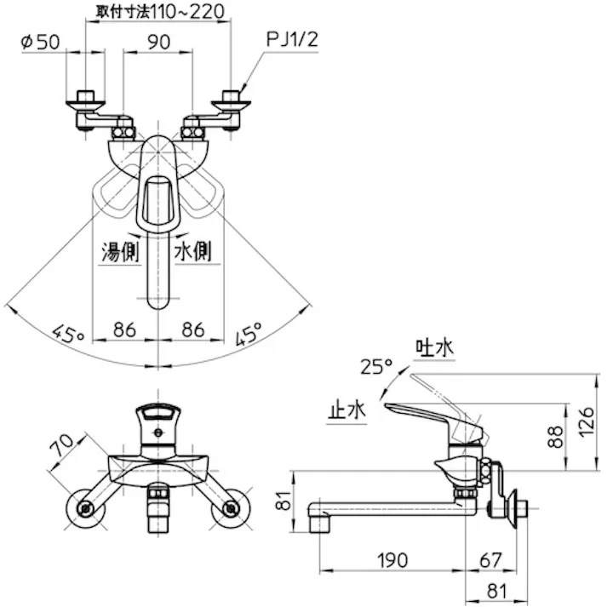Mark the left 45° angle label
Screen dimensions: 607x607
[66, 332]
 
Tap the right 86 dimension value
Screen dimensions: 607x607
[192, 327]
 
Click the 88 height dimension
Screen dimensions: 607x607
[555, 436]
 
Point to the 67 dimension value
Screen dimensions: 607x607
[490, 559]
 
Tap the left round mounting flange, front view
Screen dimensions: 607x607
[84, 508]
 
